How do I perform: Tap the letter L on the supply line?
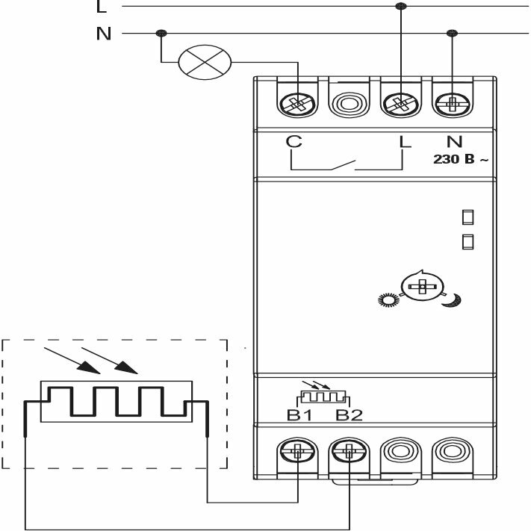point(102,7)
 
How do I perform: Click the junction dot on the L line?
point(401,6)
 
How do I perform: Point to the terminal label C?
point(295,140)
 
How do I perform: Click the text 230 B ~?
point(462,158)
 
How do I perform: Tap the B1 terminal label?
point(299,414)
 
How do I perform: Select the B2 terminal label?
point(349,414)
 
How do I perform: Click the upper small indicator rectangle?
point(468,217)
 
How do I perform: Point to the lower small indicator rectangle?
point(468,241)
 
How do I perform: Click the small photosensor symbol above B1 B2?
point(323,395)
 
